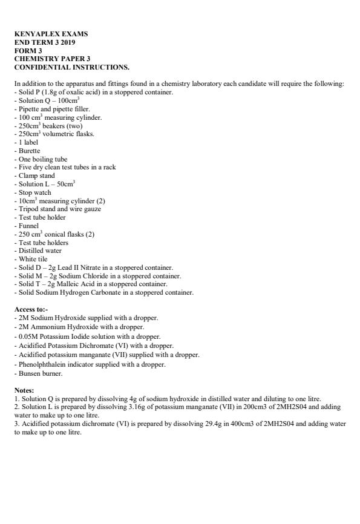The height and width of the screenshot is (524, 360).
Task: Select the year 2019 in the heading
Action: [68, 42]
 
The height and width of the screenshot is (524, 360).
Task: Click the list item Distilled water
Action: [39, 251]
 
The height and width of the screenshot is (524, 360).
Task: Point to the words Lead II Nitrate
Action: [77, 267]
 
